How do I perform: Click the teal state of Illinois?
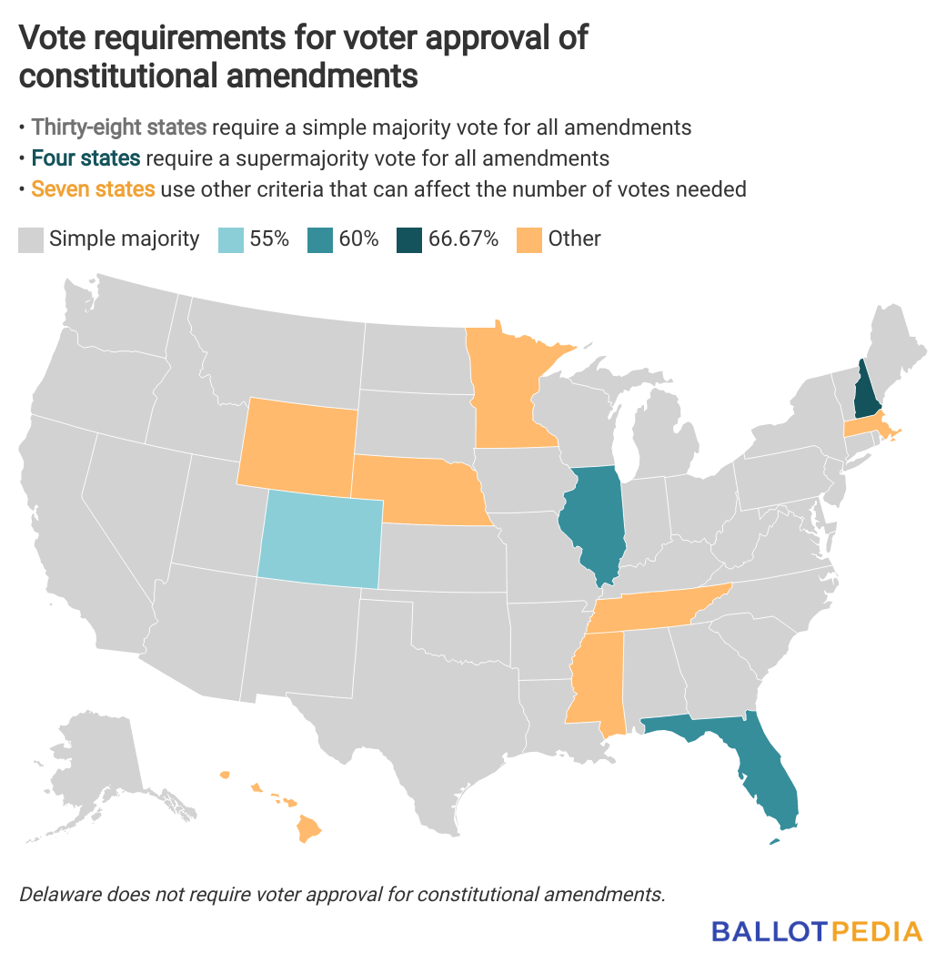(596, 523)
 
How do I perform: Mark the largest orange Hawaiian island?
(310, 827)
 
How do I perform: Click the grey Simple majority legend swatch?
(31, 239)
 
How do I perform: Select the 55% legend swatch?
(231, 239)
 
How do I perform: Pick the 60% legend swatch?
(319, 239)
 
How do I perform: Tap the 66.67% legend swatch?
(408, 239)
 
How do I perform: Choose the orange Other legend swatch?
(528, 239)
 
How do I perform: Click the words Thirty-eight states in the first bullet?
(119, 127)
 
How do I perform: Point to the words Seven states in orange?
(93, 189)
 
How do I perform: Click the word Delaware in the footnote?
(57, 894)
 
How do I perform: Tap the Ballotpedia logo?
(816, 931)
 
